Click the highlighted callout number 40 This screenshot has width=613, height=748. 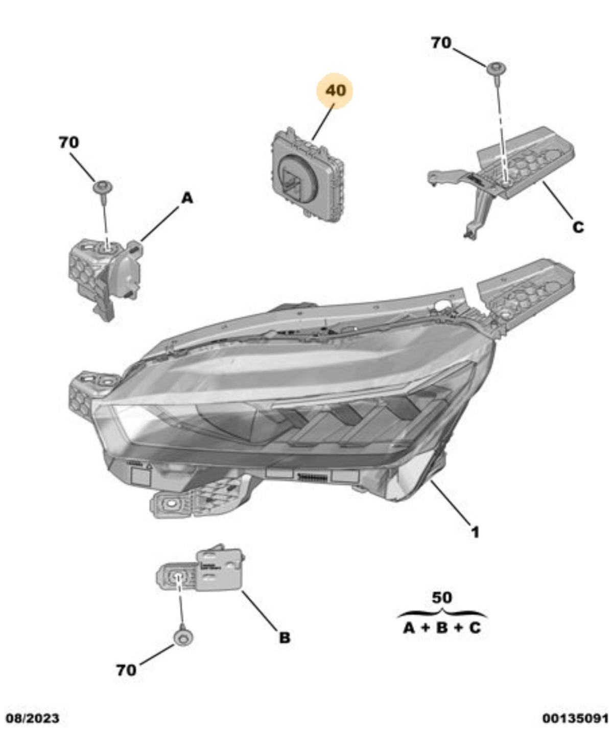pyautogui.click(x=335, y=90)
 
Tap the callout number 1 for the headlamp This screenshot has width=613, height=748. pyautogui.click(x=475, y=532)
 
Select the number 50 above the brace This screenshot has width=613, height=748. pyautogui.click(x=442, y=598)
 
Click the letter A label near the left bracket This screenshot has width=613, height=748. pyautogui.click(x=187, y=198)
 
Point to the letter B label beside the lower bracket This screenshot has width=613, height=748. pyautogui.click(x=285, y=638)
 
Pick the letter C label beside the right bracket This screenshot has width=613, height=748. pyautogui.click(x=578, y=227)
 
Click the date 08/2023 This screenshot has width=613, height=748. pyautogui.click(x=33, y=718)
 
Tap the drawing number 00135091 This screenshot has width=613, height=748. pyautogui.click(x=575, y=718)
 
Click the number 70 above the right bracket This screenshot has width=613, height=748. pyautogui.click(x=441, y=43)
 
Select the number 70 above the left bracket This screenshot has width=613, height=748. pyautogui.click(x=69, y=143)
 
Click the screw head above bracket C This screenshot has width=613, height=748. pyautogui.click(x=496, y=68)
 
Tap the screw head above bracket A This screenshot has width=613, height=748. pyautogui.click(x=103, y=188)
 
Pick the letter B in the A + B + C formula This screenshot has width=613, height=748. pyautogui.click(x=442, y=628)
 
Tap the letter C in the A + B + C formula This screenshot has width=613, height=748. pyautogui.click(x=475, y=628)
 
